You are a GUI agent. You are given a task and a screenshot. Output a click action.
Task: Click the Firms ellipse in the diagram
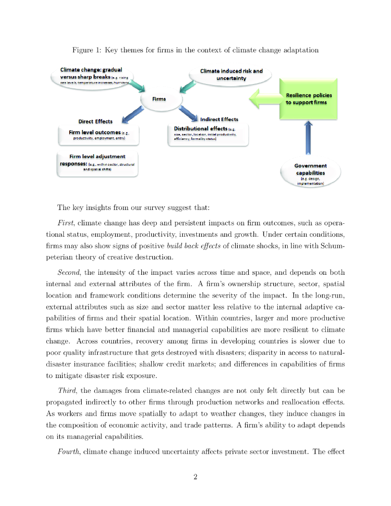(x=159, y=99)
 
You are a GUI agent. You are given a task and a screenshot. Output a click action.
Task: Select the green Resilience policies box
(x=308, y=99)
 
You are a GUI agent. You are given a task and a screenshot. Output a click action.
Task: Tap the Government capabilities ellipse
(x=310, y=173)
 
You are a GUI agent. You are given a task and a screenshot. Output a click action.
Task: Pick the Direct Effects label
(x=95, y=122)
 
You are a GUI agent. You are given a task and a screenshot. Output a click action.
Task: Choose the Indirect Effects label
(x=219, y=119)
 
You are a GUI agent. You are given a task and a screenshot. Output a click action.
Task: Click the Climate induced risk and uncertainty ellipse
(x=231, y=75)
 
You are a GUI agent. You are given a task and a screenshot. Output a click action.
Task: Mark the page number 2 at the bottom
(x=195, y=477)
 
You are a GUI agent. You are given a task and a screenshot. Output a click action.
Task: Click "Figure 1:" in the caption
(x=87, y=50)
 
